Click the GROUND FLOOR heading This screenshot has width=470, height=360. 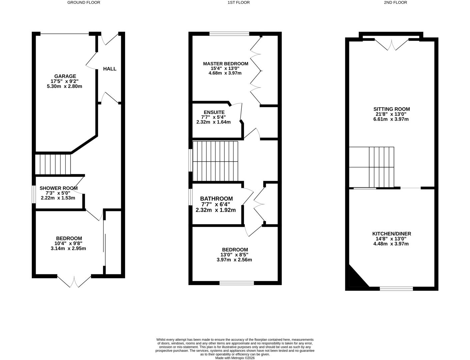84,2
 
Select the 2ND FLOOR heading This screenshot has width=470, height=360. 395,2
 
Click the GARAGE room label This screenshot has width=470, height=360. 65,76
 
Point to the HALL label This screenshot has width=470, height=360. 110,69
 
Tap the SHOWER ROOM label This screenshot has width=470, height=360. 58,188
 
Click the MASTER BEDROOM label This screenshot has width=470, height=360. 226,64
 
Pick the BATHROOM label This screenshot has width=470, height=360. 216,199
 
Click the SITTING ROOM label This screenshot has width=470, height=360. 391,109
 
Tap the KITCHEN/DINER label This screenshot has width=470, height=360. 391,234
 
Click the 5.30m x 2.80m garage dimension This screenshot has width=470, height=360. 65,86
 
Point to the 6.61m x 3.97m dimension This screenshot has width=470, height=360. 391,119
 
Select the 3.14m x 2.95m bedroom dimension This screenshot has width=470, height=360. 68,248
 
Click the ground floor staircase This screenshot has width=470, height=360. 53,164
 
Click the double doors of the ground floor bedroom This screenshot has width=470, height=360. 74,281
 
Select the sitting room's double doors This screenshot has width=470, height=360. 392,44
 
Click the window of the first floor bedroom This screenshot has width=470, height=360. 237,283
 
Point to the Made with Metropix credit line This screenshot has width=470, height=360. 235,358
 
